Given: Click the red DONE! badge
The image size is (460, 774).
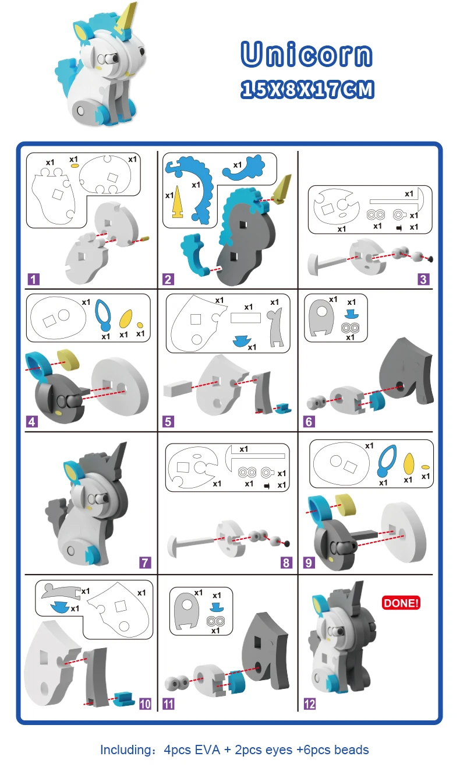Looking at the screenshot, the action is click(x=401, y=603).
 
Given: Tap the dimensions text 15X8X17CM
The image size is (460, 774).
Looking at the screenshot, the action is click(x=307, y=89).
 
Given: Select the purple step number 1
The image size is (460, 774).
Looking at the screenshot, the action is click(x=33, y=279).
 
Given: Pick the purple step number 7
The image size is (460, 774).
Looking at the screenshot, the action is click(x=145, y=563).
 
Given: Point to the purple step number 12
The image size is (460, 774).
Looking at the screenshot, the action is click(x=310, y=704).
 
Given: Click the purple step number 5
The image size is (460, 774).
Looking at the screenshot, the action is click(x=168, y=421).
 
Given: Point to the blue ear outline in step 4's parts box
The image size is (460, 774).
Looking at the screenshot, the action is click(x=103, y=315).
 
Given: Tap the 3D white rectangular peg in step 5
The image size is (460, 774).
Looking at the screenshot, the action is click(x=178, y=388).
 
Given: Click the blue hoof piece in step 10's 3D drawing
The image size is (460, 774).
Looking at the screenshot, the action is click(x=124, y=699).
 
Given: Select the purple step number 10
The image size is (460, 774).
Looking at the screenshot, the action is click(x=145, y=704).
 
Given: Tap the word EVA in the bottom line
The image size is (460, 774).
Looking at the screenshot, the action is click(x=207, y=750).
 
